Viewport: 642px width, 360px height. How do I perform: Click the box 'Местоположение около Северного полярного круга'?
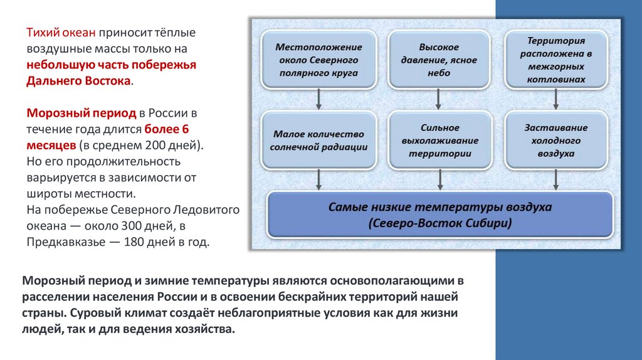coord(319,60)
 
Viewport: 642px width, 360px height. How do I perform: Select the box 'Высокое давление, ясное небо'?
coord(439,60)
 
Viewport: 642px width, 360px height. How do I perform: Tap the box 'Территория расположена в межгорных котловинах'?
coord(556,60)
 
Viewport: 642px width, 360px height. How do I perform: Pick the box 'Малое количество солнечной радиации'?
coord(319,140)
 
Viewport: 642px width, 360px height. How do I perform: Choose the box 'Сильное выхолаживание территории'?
coord(439,140)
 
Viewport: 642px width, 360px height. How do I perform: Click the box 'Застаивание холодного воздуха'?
coord(556,140)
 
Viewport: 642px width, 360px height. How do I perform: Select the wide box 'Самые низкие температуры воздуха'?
coord(439,214)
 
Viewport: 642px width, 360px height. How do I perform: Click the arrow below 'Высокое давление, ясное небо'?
coord(439,98)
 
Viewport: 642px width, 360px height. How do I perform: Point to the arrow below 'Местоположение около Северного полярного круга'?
coord(319,98)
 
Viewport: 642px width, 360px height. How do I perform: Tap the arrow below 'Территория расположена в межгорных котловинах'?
coord(557,98)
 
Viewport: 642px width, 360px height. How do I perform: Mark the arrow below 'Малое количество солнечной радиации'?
coord(319,179)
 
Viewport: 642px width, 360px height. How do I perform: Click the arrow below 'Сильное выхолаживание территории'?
coord(439,179)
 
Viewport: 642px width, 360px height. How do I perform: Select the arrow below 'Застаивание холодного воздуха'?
coord(557,179)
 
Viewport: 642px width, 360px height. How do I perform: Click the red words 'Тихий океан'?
coord(53,32)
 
